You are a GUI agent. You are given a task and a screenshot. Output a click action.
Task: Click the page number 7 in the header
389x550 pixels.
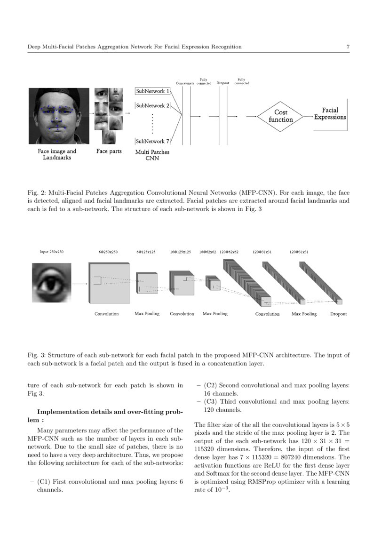pyautogui.click(x=348, y=47)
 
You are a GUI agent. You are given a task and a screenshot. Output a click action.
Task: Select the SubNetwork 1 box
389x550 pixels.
pyautogui.click(x=153, y=91)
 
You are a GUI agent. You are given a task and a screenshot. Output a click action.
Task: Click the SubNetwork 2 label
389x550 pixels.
pyautogui.click(x=152, y=106)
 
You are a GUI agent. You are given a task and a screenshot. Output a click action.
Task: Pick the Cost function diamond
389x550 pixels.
pyautogui.click(x=281, y=116)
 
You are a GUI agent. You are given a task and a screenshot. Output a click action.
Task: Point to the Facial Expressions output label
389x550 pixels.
pyautogui.click(x=330, y=114)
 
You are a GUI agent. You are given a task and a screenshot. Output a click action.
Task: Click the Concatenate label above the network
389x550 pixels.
pyautogui.click(x=185, y=83)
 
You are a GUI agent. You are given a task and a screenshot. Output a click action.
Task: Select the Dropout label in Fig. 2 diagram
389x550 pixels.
pyautogui.click(x=222, y=83)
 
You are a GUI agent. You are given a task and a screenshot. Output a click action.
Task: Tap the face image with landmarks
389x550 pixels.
pyautogui.click(x=58, y=116)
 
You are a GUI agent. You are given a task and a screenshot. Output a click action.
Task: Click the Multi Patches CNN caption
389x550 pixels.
pyautogui.click(x=152, y=155)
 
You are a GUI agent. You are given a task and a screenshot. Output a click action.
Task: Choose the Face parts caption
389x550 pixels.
pyautogui.click(x=109, y=151)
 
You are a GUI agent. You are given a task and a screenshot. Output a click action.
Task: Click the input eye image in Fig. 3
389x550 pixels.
pyautogui.click(x=51, y=283)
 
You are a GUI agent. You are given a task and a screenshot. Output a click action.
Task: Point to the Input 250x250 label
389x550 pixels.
pyautogui.click(x=51, y=252)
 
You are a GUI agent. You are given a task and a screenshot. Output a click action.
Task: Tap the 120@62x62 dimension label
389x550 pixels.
pyautogui.click(x=229, y=252)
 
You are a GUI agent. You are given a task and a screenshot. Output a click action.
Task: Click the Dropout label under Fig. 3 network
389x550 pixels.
pyautogui.click(x=338, y=314)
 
